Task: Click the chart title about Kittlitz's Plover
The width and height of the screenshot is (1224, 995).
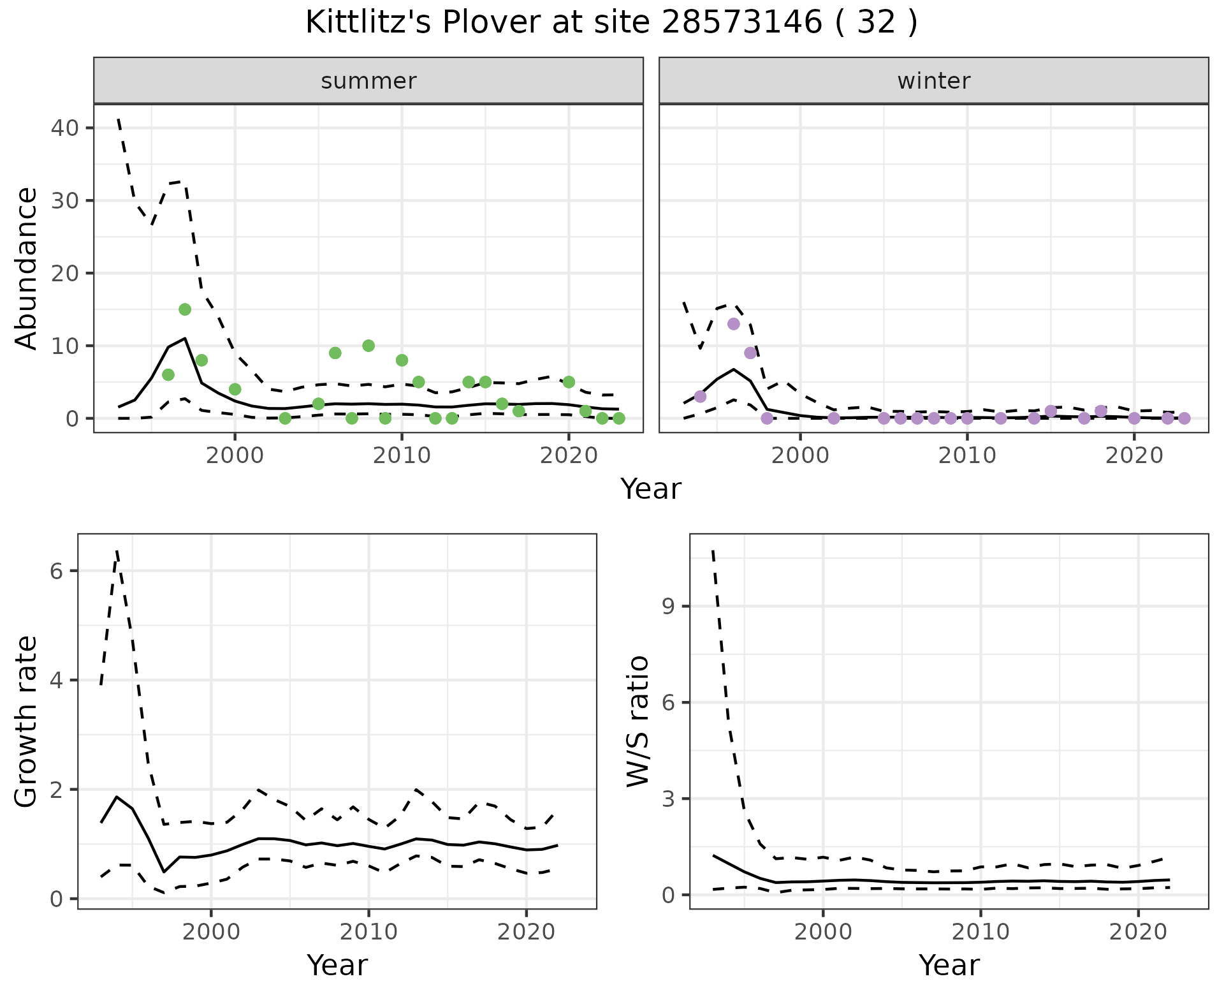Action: click(x=611, y=23)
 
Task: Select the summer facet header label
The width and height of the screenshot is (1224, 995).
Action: click(x=368, y=81)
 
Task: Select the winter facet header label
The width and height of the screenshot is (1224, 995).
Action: click(x=933, y=81)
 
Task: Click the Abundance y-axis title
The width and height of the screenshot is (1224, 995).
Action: click(x=26, y=268)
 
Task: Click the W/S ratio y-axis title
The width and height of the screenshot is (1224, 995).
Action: click(x=637, y=721)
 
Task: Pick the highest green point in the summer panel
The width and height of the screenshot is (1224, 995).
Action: click(x=185, y=309)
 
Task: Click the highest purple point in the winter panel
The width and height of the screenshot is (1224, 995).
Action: click(x=734, y=324)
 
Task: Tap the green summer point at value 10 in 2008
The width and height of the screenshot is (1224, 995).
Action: click(x=368, y=346)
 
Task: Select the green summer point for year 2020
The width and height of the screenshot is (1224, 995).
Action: click(x=569, y=382)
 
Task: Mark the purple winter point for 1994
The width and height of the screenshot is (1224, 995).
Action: click(x=700, y=397)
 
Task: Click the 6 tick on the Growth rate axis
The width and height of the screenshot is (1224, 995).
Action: click(x=56, y=571)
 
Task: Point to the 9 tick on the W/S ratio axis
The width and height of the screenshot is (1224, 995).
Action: click(x=668, y=606)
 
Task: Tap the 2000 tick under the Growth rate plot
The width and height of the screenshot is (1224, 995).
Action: click(x=211, y=932)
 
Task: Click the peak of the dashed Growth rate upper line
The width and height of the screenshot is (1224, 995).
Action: click(x=117, y=550)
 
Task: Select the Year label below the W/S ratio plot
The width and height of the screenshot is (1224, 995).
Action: click(x=949, y=965)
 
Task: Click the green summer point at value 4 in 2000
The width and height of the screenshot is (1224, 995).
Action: click(x=235, y=389)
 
